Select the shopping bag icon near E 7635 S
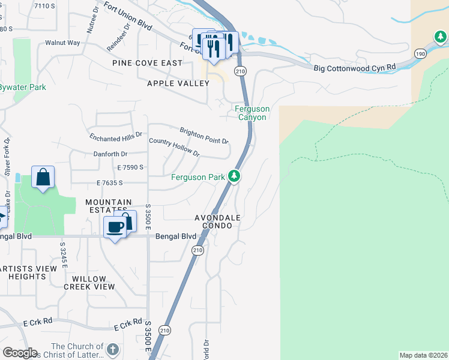[43, 178]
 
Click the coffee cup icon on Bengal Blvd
[114, 227]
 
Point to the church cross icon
[112, 350]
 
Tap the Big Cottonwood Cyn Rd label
[355, 67]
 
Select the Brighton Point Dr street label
[204, 136]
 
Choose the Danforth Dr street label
[110, 154]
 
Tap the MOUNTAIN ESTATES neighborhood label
[108, 206]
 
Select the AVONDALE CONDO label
[217, 221]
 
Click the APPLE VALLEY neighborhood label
[178, 83]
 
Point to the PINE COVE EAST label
[147, 63]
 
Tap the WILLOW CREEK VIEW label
[93, 283]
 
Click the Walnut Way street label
[62, 43]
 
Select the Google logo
[19, 353]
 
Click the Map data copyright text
[424, 355]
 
